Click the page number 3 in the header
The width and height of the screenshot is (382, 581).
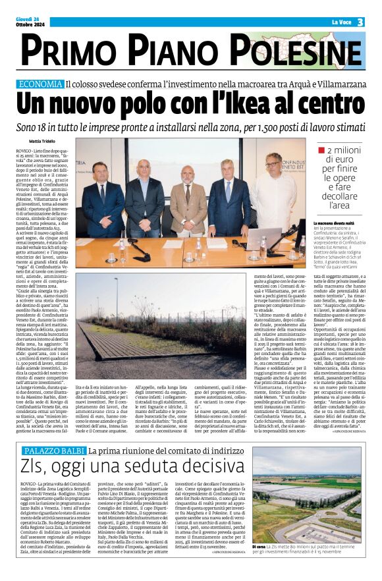pyautogui.click(x=361, y=22)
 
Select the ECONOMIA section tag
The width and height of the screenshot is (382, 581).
pyautogui.click(x=59, y=84)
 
